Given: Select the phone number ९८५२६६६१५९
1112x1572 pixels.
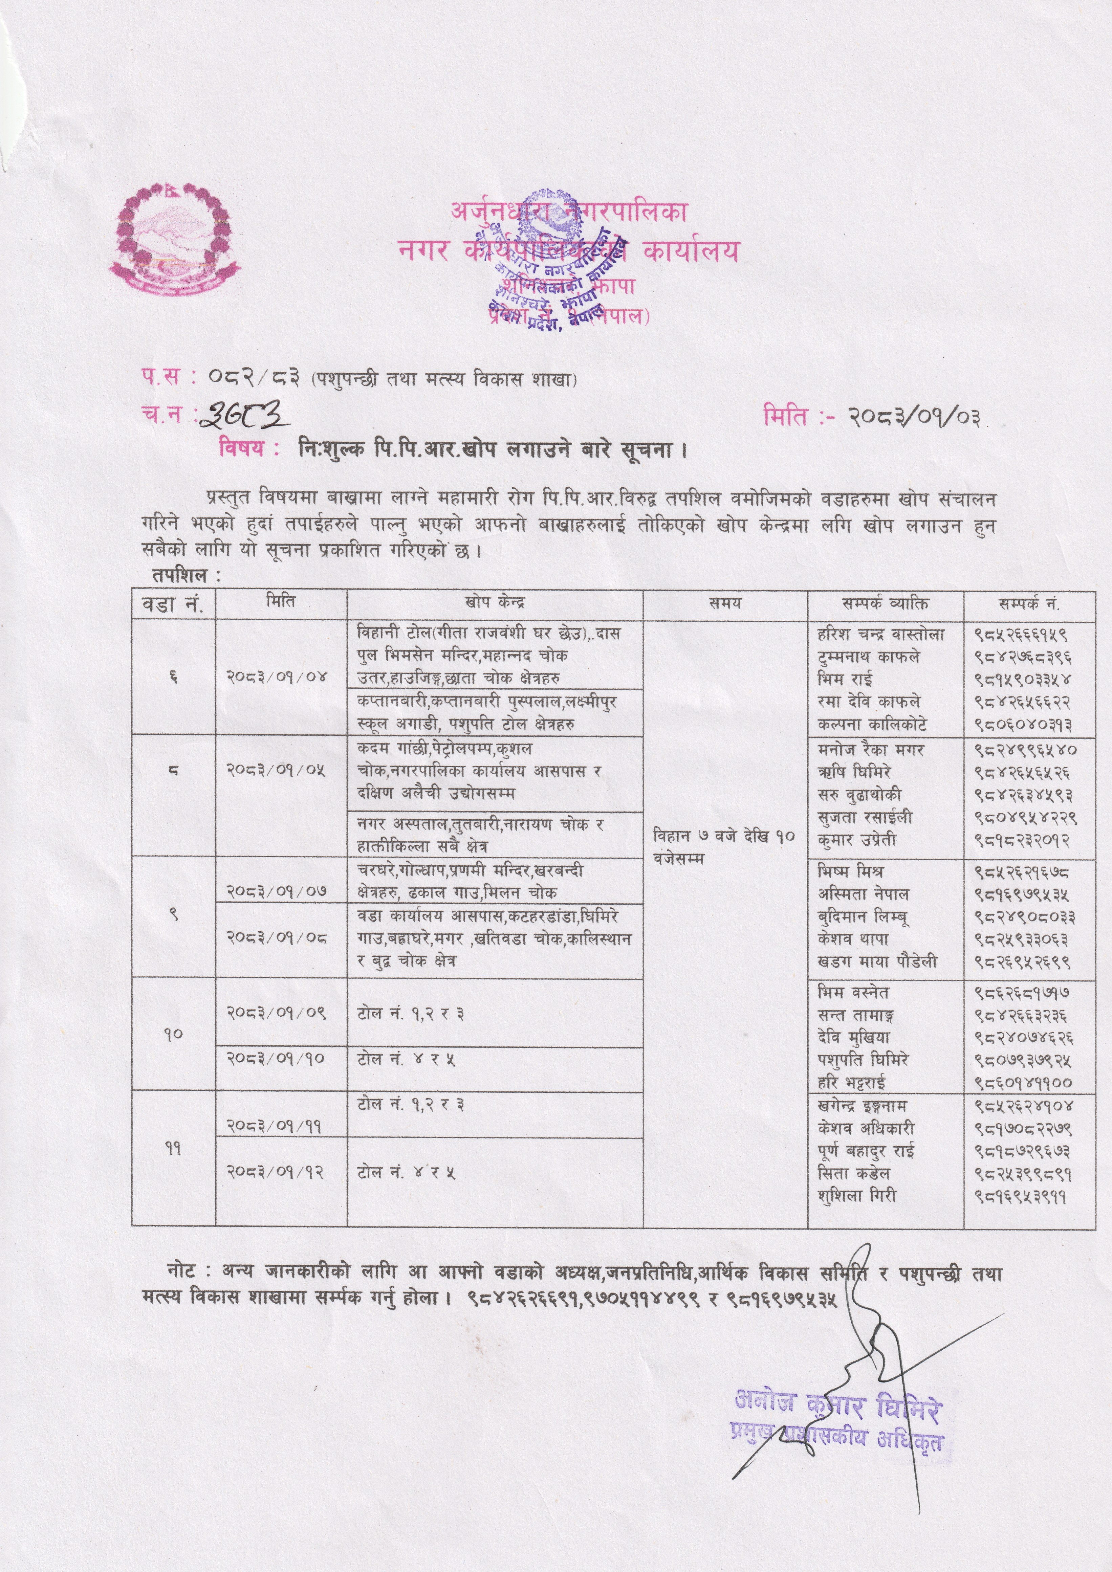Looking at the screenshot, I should pyautogui.click(x=1022, y=635).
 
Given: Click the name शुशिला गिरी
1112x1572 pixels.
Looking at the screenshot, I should pyautogui.click(x=857, y=1195).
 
